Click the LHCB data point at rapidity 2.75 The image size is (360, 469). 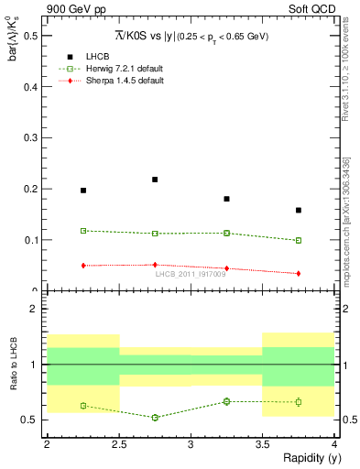click(155, 180)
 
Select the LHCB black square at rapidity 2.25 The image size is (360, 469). click(83, 191)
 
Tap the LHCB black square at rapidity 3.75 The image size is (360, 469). click(299, 210)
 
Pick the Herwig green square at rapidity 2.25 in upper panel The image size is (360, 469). click(83, 231)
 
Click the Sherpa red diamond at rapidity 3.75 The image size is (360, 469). click(299, 273)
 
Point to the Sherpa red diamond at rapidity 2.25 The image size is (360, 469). click(83, 266)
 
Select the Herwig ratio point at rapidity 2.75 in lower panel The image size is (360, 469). click(155, 418)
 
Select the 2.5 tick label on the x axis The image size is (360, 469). click(119, 444)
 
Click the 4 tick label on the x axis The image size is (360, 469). click(334, 444)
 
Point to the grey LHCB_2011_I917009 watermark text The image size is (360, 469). click(191, 274)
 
